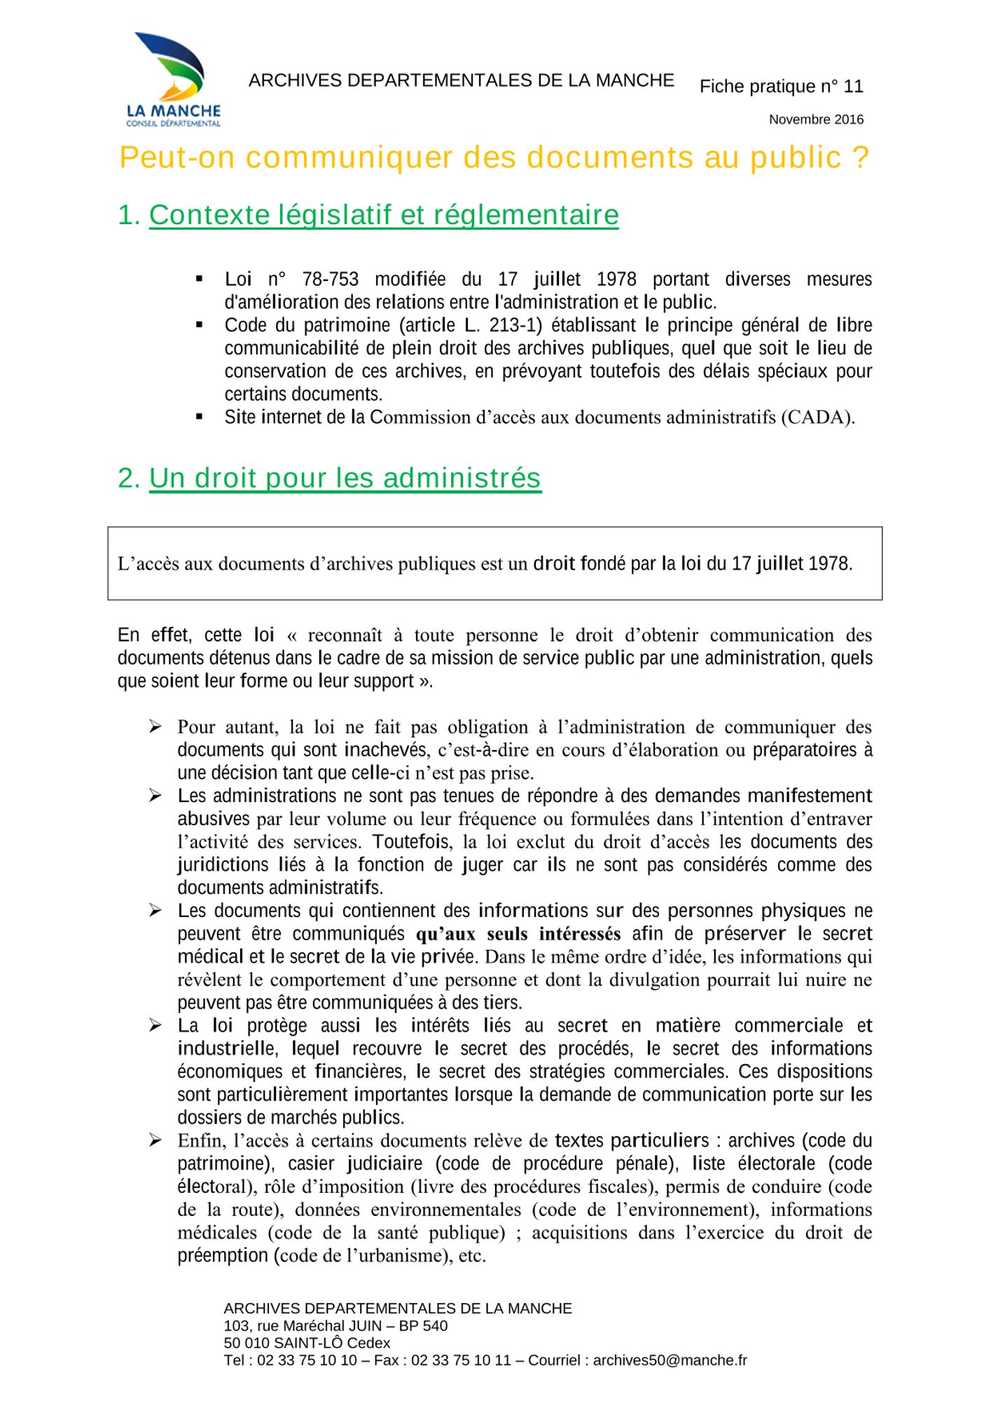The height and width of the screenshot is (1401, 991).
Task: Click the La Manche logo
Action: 173,79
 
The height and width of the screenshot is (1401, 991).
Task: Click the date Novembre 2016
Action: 816,120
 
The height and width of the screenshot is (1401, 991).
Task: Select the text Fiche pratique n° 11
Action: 781,87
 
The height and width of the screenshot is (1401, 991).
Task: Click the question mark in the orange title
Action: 861,158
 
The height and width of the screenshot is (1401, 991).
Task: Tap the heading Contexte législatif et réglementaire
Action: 383,215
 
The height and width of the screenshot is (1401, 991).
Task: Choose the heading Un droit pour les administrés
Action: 345,478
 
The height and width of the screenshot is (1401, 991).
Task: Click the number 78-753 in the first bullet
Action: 330,279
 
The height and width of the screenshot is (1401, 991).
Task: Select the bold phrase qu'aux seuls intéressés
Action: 518,934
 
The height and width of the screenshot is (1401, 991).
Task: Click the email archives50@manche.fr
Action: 670,1360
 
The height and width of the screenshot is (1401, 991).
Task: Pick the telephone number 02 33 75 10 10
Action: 307,1360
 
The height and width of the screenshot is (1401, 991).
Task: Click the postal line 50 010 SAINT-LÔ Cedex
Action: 307,1343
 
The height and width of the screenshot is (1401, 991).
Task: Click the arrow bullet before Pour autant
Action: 155,727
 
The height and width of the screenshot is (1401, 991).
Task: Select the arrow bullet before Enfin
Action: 155,1141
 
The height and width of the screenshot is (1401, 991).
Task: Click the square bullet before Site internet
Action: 200,417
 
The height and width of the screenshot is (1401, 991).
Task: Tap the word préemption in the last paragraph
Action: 223,1256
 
